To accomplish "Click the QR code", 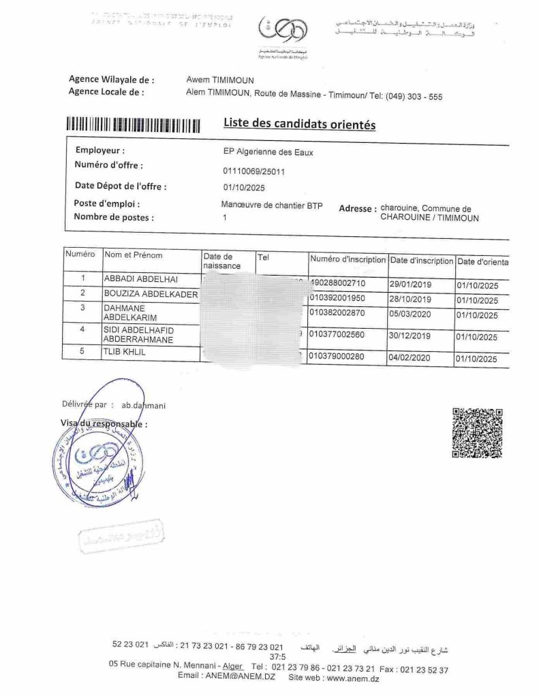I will click(477, 432).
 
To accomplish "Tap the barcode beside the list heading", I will click(134, 125).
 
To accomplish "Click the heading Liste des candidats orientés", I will click(299, 124).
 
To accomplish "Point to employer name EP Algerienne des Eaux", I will click(263, 152).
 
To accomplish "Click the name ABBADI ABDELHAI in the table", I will click(140, 279).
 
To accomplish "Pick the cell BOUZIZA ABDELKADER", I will click(151, 294).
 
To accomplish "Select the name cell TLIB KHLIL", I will click(125, 353).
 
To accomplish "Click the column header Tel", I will click(264, 258).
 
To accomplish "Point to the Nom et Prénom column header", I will click(134, 255).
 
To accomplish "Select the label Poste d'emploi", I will click(106, 204).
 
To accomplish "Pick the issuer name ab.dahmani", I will click(144, 406).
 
